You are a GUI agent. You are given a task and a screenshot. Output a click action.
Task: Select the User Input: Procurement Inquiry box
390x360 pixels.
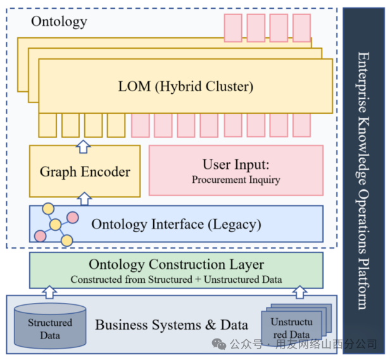point(236,170)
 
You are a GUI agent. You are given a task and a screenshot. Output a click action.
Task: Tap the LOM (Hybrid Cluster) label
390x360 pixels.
point(186,87)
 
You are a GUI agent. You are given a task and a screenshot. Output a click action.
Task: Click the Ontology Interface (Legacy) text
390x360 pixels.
point(176,224)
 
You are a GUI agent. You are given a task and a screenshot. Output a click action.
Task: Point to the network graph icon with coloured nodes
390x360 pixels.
point(56,225)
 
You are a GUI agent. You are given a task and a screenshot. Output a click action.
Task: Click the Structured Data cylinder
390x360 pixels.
point(50,327)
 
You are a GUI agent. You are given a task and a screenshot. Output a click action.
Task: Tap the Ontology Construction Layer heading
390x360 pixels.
point(176,264)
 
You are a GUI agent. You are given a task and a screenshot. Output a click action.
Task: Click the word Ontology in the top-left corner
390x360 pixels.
point(59,22)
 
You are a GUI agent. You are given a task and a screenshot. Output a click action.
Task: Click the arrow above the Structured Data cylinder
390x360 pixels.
point(49,291)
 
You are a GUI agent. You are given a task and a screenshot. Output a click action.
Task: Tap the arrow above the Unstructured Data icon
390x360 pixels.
point(301,291)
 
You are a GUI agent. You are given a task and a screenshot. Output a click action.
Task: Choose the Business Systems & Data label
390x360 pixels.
point(172,325)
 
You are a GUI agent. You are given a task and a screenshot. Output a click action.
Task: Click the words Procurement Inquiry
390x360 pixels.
point(236,180)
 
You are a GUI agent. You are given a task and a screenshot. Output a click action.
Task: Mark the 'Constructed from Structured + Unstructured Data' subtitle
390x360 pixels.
point(176,279)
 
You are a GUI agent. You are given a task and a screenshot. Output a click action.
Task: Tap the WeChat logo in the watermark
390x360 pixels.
point(219,344)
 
